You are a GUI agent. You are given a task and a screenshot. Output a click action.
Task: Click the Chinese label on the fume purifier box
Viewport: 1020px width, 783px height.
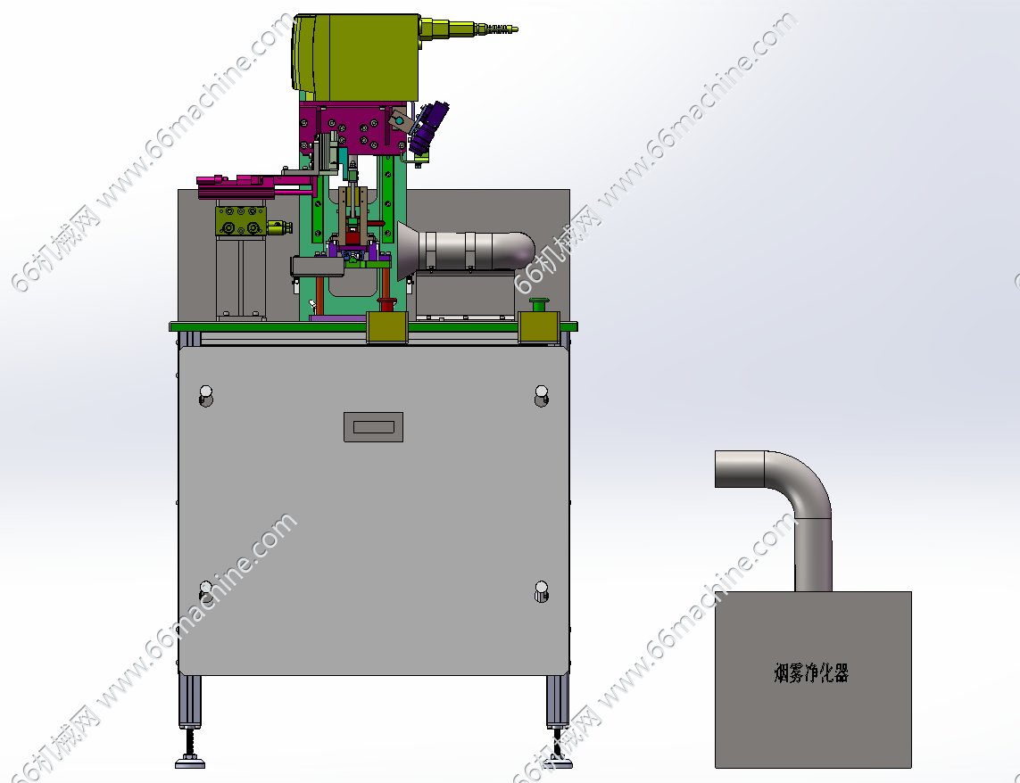pyautogui.click(x=811, y=673)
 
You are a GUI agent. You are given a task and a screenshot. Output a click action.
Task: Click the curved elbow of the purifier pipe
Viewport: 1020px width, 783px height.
pyautogui.click(x=803, y=482)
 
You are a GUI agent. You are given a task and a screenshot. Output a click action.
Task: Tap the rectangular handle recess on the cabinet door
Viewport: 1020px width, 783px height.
pyautogui.click(x=373, y=427)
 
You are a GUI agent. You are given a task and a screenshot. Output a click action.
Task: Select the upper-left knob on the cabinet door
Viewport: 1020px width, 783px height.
pyautogui.click(x=205, y=395)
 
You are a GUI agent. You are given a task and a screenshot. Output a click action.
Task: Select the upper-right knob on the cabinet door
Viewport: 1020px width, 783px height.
pyautogui.click(x=541, y=395)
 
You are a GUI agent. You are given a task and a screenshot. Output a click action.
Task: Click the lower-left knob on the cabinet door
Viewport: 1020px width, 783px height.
pyautogui.click(x=205, y=591)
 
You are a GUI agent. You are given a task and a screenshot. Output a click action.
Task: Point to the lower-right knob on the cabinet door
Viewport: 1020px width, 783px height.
pyautogui.click(x=541, y=591)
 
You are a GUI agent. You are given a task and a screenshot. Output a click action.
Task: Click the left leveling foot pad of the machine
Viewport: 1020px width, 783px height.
pyautogui.click(x=190, y=762)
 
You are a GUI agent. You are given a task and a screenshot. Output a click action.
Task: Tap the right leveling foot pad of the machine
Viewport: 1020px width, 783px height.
pyautogui.click(x=558, y=762)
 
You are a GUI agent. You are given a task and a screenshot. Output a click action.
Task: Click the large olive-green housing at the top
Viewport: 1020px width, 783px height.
pyautogui.click(x=356, y=57)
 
